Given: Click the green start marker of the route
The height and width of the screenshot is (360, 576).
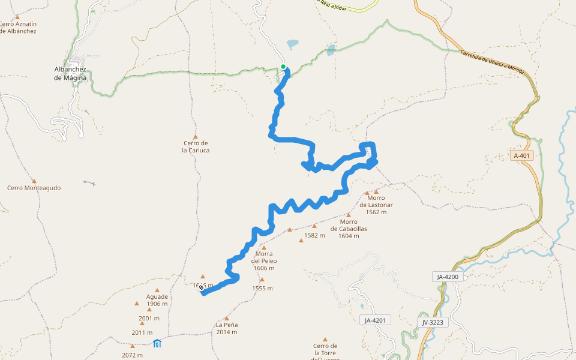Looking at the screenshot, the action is (x=283, y=67).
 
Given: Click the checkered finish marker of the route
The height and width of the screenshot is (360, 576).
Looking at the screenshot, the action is (x=201, y=288).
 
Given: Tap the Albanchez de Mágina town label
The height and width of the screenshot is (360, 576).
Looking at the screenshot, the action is (x=71, y=73).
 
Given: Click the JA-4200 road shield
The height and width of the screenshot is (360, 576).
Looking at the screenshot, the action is (x=448, y=277).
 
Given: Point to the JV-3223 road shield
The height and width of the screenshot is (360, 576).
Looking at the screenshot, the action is (x=433, y=322).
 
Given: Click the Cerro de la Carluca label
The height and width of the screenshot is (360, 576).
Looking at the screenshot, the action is (x=196, y=146).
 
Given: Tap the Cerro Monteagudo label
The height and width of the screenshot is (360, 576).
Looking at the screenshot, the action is (x=34, y=188).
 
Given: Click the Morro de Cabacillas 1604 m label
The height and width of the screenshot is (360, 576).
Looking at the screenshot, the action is (x=349, y=229).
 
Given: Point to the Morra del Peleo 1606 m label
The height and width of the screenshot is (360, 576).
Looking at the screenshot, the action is (x=264, y=260).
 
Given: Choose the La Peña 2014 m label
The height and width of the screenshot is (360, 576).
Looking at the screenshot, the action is (x=227, y=328).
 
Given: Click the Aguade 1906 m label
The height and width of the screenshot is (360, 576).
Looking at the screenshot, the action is (x=157, y=300).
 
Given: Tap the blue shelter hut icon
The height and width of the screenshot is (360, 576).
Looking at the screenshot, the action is (x=157, y=344).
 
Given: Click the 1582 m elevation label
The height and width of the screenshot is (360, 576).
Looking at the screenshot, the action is (x=314, y=235).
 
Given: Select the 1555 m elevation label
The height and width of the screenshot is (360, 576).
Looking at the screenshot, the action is (x=262, y=288).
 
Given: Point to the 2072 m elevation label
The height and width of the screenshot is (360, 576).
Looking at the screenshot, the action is (x=131, y=355).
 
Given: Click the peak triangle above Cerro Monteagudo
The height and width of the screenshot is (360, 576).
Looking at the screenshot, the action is (x=34, y=181).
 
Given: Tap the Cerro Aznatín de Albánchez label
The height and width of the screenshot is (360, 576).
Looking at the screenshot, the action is (x=18, y=28).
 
